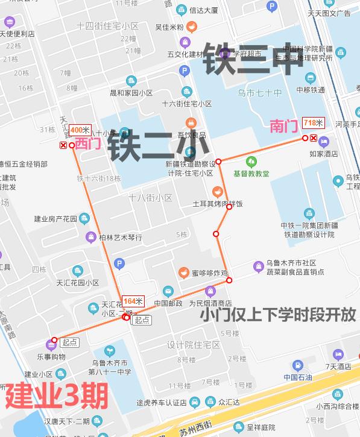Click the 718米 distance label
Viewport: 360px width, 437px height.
[314, 123]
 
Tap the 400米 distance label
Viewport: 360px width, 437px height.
[80, 130]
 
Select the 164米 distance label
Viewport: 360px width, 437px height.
[133, 301]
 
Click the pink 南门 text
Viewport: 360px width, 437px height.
[283, 126]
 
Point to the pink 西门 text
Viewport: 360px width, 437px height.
[87, 143]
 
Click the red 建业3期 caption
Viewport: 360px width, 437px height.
[57, 396]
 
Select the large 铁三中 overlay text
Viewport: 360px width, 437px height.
[252, 58]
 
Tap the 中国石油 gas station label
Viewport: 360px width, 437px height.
[298, 378]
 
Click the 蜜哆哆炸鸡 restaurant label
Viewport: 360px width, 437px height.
[209, 272]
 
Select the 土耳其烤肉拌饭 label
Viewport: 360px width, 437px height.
[217, 204]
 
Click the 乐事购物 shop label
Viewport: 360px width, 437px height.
[51, 357]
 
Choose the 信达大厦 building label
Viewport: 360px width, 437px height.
[203, 10]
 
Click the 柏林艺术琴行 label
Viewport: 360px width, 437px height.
[121, 237]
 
